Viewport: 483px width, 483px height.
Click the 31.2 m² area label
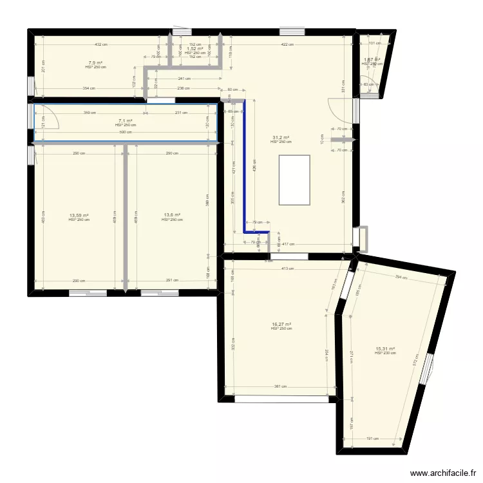pyautogui.click(x=281, y=137)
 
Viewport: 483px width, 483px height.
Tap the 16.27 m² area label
pyautogui.click(x=281, y=325)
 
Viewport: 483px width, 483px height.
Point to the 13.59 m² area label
pyautogui.click(x=79, y=216)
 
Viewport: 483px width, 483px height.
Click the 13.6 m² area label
pyautogui.click(x=172, y=216)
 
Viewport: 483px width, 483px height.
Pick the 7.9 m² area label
pyautogui.click(x=95, y=63)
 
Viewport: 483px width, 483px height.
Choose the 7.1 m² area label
pyautogui.click(x=126, y=120)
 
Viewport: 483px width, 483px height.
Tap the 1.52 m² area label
pyautogui.click(x=194, y=48)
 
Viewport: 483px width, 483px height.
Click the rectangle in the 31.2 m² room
pyautogui.click(x=294, y=180)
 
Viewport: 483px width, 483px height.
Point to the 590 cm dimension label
pyautogui.click(x=126, y=133)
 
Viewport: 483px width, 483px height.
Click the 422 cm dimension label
pyautogui.click(x=287, y=44)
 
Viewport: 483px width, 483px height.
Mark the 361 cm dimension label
pyautogui.click(x=280, y=387)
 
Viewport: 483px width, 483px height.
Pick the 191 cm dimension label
pyautogui.click(x=372, y=439)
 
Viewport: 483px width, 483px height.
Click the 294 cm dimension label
pyautogui.click(x=401, y=277)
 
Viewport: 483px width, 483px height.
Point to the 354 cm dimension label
pyautogui.click(x=89, y=88)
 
